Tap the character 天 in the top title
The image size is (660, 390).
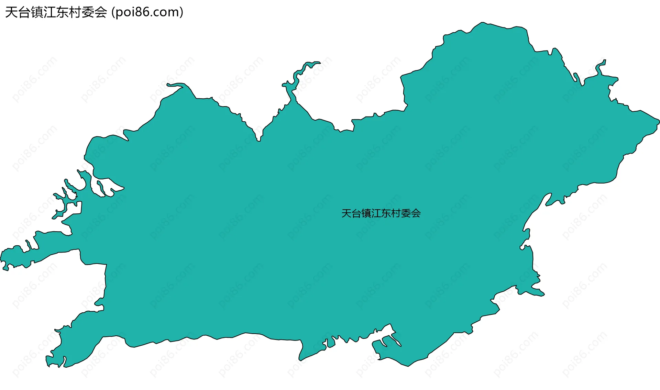(11, 12)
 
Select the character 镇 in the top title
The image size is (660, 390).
(37, 12)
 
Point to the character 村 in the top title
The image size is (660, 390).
(75, 12)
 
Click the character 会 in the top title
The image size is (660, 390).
(100, 12)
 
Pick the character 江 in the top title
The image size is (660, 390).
(49, 12)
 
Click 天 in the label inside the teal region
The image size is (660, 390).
(346, 213)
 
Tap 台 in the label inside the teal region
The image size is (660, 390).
(356, 213)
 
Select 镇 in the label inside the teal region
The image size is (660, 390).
(366, 213)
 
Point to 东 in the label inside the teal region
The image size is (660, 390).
(386, 213)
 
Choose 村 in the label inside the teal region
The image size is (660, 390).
(396, 213)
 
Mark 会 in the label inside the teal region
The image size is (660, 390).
(416, 213)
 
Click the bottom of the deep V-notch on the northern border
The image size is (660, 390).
(258, 140)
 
